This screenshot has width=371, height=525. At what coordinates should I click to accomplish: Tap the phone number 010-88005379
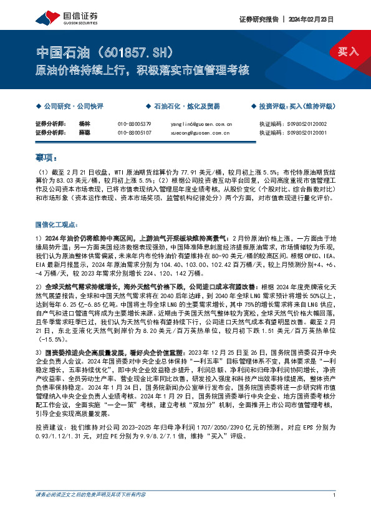(x=134, y=124)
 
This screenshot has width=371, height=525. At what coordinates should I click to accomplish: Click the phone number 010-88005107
(x=134, y=132)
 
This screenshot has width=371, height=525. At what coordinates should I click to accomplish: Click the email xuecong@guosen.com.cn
(x=200, y=132)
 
